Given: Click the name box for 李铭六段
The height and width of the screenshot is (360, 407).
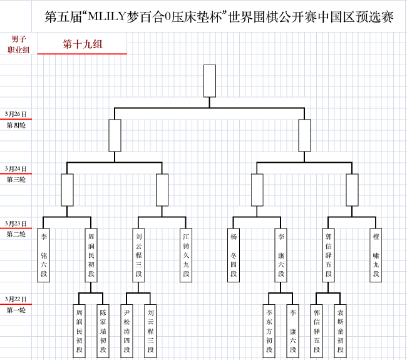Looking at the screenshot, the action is tap(44, 255).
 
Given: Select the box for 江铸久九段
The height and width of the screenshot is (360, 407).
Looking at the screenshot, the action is tap(186, 255).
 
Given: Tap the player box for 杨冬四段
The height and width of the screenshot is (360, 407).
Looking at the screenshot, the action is tap(234, 255).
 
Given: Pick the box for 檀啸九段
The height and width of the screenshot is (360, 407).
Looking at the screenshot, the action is tap(376, 255).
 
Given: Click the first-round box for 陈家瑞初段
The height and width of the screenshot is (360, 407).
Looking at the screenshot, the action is tap(103, 331).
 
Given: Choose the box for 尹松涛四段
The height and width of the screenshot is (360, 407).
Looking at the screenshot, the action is tap(126, 331).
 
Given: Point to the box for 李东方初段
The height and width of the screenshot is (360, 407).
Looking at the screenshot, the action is tap(269, 331).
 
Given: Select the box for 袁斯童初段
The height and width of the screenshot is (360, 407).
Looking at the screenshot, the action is tap(340, 331).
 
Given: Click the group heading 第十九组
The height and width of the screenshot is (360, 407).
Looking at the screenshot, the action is tap(83, 44).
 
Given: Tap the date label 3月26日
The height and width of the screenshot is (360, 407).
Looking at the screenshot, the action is tap(16, 114).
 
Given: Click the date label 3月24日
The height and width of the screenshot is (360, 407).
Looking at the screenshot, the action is tap(16, 168).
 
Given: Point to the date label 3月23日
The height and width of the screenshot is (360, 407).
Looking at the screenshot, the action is tap(16, 224).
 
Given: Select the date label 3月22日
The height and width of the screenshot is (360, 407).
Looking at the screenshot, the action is tap(16, 299).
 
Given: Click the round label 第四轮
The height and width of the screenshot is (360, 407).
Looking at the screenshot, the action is tap(16, 125).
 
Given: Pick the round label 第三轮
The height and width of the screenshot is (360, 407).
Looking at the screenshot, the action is tap(16, 180).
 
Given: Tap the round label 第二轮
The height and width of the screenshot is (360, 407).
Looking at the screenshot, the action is tap(16, 234).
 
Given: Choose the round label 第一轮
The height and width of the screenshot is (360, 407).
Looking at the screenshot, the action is tap(16, 310).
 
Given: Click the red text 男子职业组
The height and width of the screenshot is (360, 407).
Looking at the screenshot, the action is tap(19, 44).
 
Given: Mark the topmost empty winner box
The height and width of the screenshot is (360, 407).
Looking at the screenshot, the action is tap(210, 81).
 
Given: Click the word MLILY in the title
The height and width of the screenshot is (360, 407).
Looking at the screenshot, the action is tap(107, 17).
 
